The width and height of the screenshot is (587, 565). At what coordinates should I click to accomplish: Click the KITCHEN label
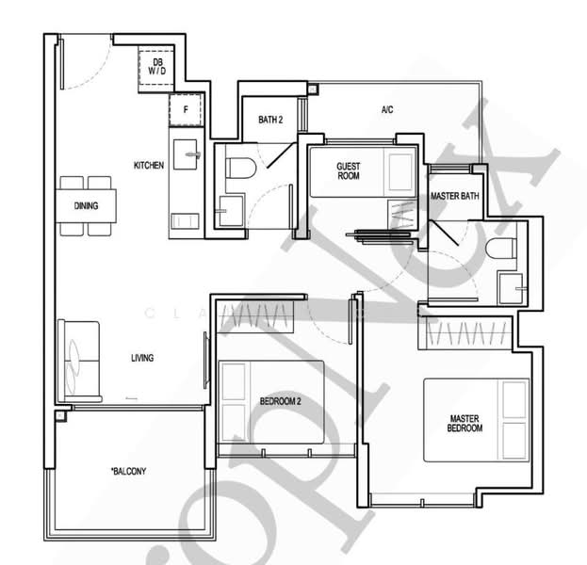(x=148, y=166)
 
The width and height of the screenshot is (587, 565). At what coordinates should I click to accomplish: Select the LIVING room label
(x=141, y=358)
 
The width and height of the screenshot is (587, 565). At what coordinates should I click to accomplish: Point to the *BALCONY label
(x=127, y=471)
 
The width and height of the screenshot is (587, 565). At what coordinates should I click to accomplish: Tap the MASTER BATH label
(x=451, y=196)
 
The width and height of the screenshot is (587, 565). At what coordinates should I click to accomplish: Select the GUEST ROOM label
(x=349, y=170)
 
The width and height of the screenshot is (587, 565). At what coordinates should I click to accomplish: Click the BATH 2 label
(x=270, y=119)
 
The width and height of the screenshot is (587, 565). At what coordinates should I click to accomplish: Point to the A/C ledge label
(x=386, y=110)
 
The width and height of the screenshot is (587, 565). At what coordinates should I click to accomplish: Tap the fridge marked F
(x=186, y=109)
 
